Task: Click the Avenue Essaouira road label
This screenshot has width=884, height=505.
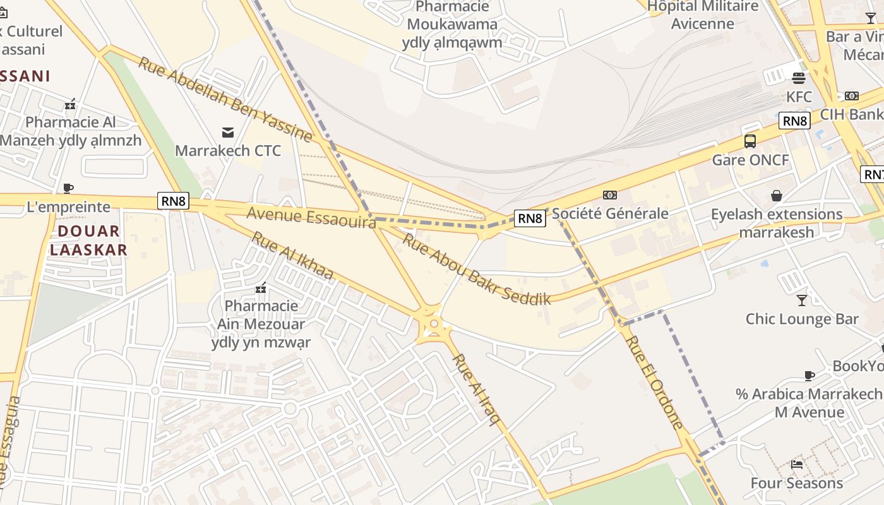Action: [311, 218]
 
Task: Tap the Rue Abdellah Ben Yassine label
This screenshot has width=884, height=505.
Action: [225, 100]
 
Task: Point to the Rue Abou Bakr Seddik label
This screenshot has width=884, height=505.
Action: [477, 270]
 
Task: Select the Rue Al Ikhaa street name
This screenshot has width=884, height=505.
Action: [292, 256]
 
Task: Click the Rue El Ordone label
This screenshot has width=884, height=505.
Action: [654, 382]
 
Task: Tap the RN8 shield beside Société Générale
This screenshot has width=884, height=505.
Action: [530, 218]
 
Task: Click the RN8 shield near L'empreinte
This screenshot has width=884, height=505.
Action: [174, 201]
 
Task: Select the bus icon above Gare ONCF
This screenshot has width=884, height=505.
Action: [750, 141]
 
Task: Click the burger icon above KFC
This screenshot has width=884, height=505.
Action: [799, 78]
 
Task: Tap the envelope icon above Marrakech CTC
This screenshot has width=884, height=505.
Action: [228, 132]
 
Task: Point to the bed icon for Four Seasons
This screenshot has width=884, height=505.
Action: [797, 465]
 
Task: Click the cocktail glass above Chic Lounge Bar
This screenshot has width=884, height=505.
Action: [802, 300]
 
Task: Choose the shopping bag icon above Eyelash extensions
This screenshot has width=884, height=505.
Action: [777, 196]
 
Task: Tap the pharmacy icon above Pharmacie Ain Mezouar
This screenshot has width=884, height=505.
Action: [260, 288]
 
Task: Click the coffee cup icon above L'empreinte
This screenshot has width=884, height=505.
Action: [68, 188]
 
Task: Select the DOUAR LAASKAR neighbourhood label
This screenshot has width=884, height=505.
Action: [88, 241]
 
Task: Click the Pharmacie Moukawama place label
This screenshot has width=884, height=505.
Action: [452, 25]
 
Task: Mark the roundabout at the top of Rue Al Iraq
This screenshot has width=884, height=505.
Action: [433, 324]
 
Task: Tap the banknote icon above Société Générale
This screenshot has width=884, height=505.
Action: [610, 195]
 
